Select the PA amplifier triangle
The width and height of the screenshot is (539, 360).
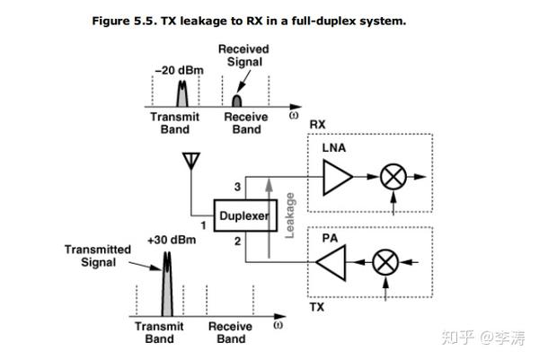coord(331,264)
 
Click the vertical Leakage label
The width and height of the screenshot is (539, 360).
coord(289,215)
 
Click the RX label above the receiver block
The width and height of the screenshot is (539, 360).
coord(317,123)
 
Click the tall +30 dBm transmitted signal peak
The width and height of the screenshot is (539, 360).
coord(165,287)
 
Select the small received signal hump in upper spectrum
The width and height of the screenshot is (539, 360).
coord(239,97)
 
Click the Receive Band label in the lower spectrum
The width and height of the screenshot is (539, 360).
coord(231,333)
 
